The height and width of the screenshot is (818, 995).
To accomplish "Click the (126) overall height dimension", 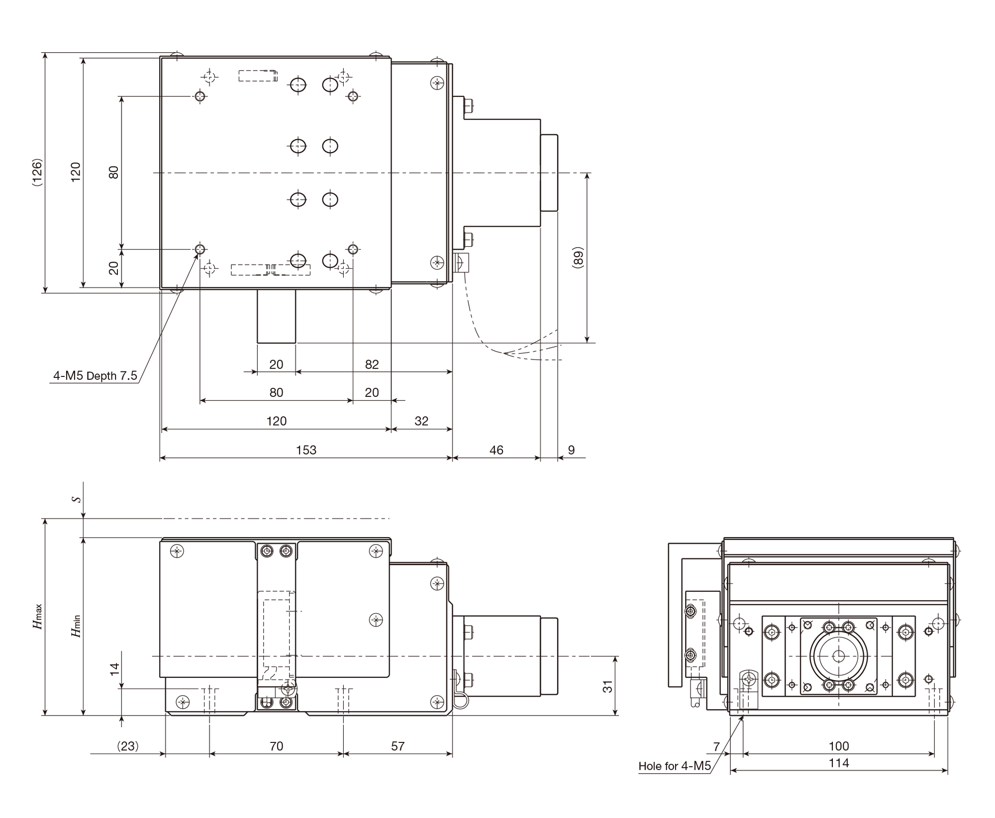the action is click(x=37, y=172).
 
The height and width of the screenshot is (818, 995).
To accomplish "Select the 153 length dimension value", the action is click(x=306, y=450).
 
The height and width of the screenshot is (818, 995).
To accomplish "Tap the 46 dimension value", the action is click(x=497, y=450).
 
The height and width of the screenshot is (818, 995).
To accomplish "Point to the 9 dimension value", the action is click(x=571, y=450).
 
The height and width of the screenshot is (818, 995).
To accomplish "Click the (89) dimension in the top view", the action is click(x=578, y=258).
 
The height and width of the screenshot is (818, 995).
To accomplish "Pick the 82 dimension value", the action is click(x=372, y=364).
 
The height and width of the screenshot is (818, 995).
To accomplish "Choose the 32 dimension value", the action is click(x=421, y=421).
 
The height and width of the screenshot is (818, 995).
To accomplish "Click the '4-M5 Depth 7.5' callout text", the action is click(x=95, y=376).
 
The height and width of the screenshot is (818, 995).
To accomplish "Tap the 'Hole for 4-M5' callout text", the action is click(x=675, y=766).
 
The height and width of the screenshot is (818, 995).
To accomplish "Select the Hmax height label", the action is click(x=38, y=617).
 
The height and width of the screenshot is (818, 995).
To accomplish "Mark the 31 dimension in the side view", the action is click(x=607, y=687).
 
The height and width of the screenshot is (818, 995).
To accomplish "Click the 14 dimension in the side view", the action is click(x=115, y=669).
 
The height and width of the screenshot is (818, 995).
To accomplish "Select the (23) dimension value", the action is click(x=128, y=746).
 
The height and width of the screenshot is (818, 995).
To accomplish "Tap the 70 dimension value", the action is click(x=276, y=746).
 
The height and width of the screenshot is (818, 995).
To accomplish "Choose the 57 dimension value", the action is click(x=398, y=746).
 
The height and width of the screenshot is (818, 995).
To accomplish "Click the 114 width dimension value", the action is click(x=839, y=763).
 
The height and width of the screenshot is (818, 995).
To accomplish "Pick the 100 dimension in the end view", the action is click(x=839, y=746).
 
